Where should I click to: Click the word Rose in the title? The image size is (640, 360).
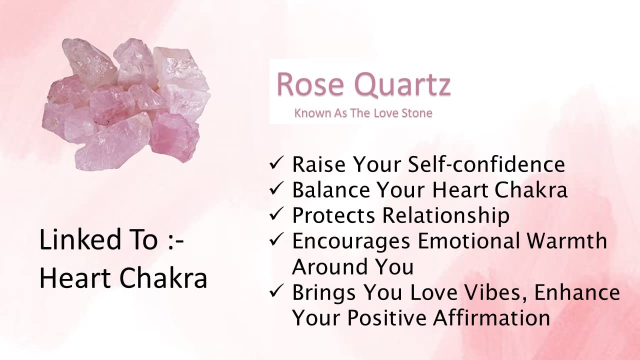(310, 85)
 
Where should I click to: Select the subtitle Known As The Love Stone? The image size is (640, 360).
(363, 113)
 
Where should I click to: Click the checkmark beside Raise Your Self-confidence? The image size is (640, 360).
(276, 163)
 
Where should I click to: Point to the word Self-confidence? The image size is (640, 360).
(486, 164)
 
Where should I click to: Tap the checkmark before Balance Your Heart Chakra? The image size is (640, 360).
(276, 189)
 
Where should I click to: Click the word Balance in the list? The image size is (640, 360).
(331, 189)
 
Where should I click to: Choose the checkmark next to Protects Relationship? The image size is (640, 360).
(276, 214)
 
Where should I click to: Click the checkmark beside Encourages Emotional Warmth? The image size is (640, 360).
(276, 239)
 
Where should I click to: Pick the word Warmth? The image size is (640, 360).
(567, 241)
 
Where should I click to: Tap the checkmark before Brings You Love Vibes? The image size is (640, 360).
(276, 291)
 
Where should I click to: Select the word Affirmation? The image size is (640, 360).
(491, 317)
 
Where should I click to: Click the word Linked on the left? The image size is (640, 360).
(79, 239)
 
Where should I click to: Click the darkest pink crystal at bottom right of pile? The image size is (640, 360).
(174, 136)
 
